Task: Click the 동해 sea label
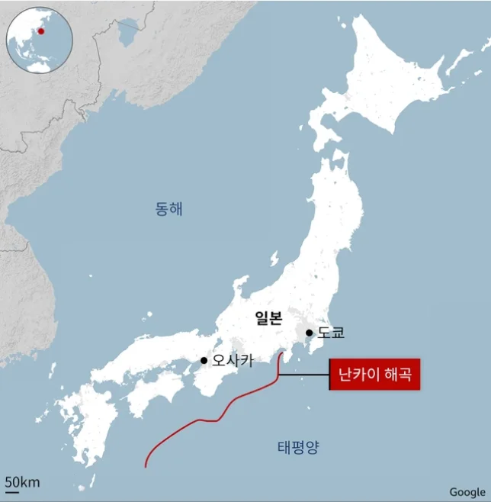click(x=168, y=208)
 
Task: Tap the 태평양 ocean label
click(x=298, y=447)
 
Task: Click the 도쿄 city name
click(x=331, y=333)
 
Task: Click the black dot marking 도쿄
click(x=309, y=333)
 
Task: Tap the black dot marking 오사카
click(x=204, y=360)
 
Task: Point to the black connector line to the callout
click(x=305, y=375)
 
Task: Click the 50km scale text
click(x=23, y=481)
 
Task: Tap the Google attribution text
click(x=467, y=492)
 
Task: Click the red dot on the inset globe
click(x=41, y=31)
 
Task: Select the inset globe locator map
click(x=39, y=39)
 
